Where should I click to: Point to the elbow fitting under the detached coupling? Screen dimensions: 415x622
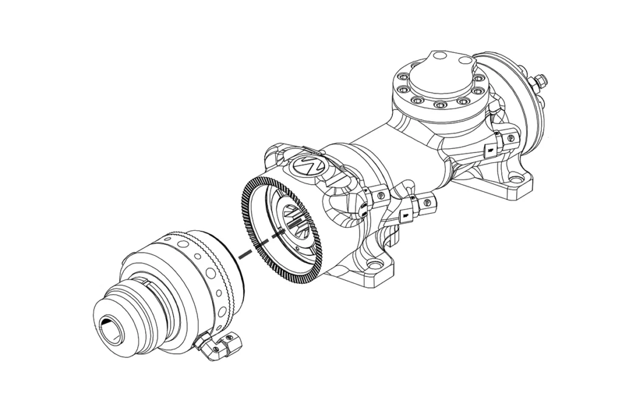point(217,348)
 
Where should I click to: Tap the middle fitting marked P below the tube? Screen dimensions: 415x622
point(427,199)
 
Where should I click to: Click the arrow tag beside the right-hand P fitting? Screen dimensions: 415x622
point(490,148)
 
